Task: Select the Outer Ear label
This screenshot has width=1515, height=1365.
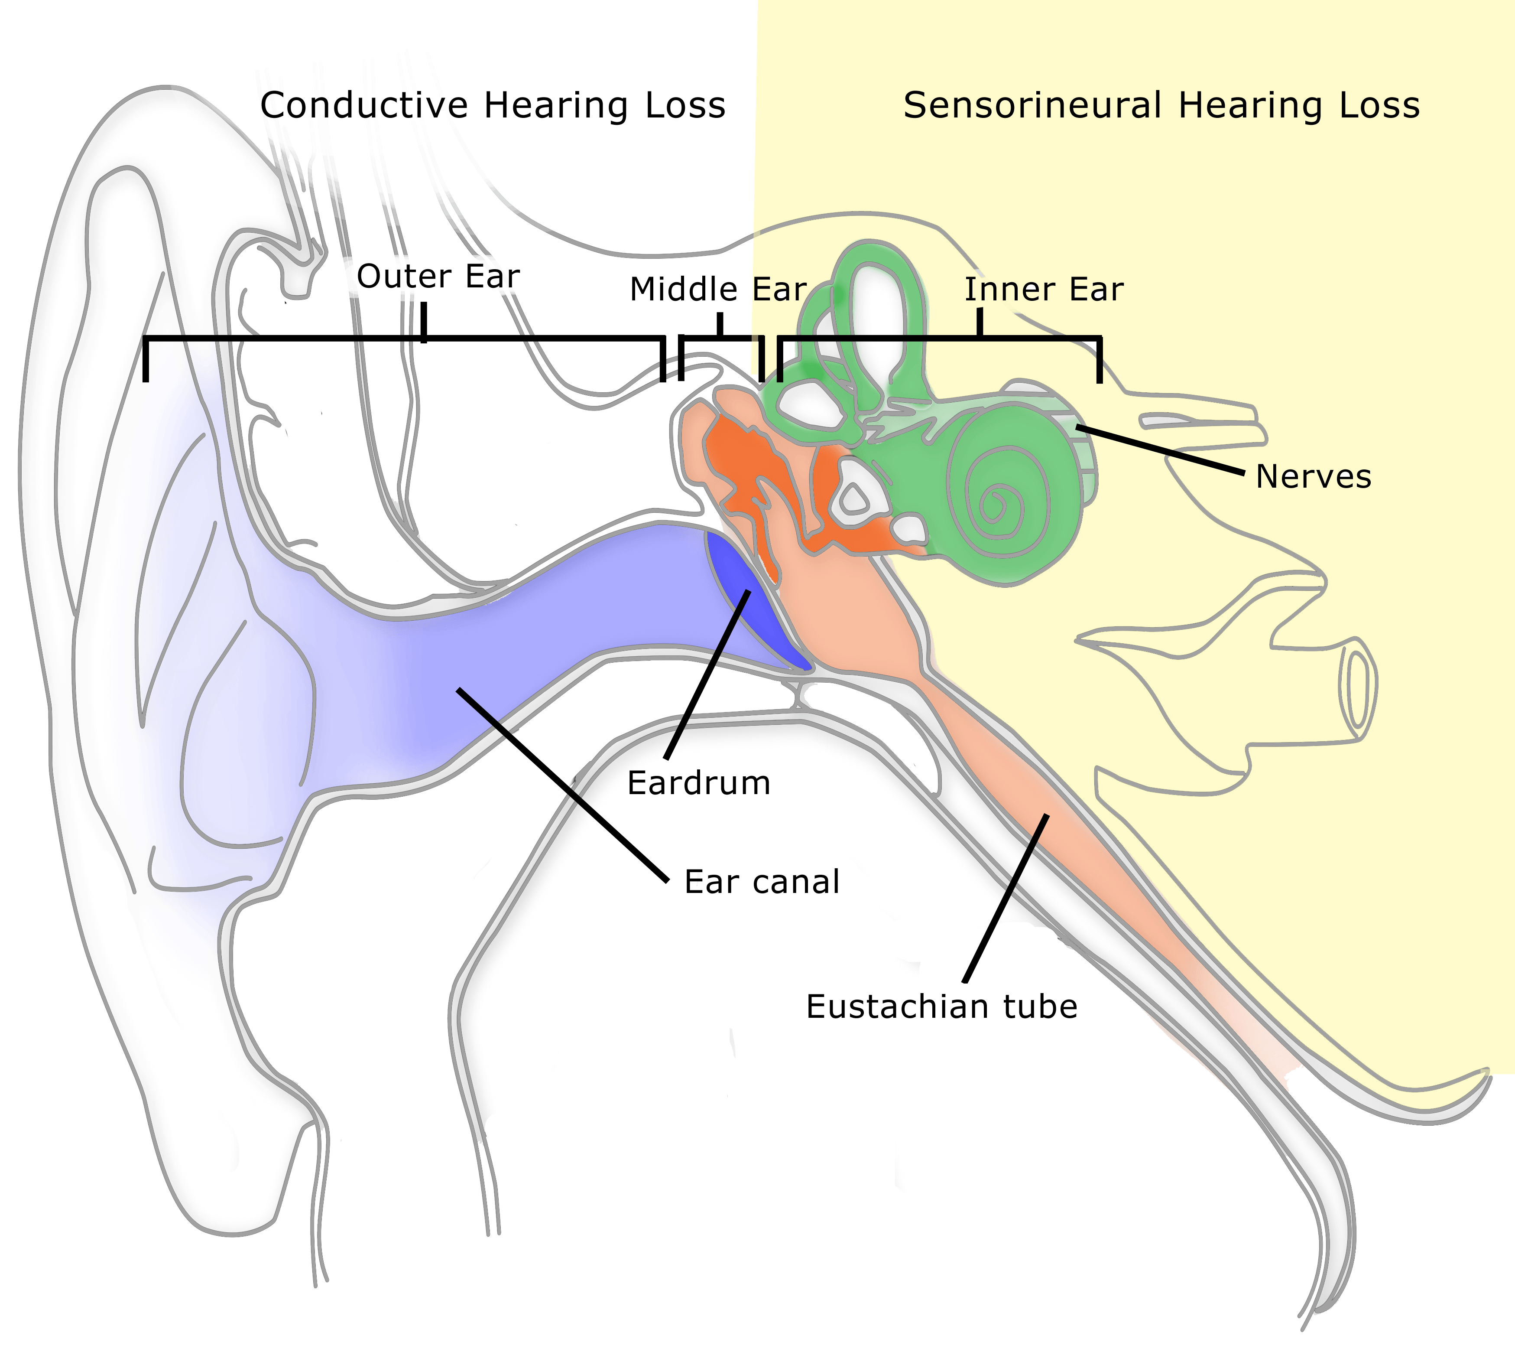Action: pos(438,277)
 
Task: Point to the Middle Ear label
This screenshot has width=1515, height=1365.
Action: pos(717,290)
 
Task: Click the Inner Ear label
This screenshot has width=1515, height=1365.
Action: pos(1044,290)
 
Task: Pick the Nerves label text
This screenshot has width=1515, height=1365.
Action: pos(1314,477)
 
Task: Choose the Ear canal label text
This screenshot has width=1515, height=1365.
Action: pos(762,882)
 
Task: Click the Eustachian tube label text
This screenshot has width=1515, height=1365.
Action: pos(941,1007)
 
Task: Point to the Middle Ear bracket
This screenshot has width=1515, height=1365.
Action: pos(720,339)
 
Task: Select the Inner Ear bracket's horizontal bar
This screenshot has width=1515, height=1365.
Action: pos(937,339)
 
